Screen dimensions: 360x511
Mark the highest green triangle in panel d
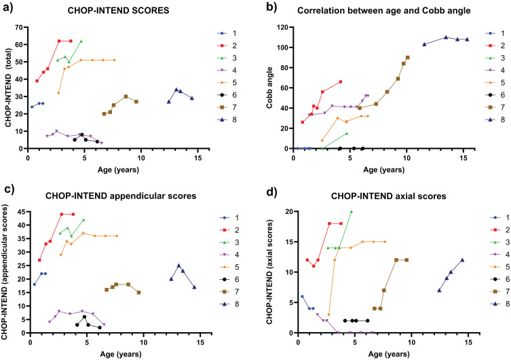click(352, 212)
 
